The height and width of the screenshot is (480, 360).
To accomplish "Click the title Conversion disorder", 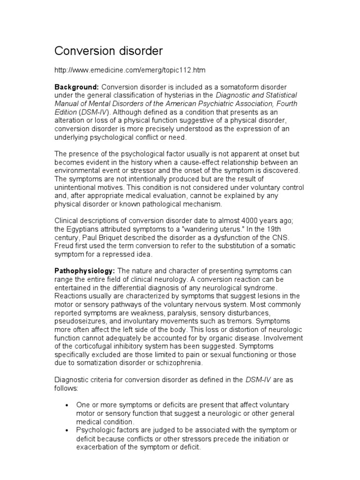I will click(109, 50).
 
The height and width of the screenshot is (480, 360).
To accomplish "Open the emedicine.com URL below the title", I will click(130, 70).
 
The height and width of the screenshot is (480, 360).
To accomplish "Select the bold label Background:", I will click(76, 87).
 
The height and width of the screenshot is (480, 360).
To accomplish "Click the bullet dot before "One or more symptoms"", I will click(67, 405).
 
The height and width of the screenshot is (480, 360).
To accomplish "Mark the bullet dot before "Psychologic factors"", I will click(67, 430).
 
